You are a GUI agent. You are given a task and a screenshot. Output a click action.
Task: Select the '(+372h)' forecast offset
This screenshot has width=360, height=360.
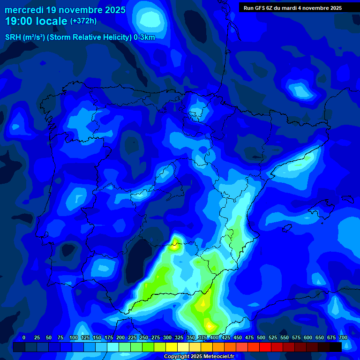click(83, 21)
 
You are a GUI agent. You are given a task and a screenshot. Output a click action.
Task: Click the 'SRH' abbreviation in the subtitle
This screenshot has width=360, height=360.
click(13, 37)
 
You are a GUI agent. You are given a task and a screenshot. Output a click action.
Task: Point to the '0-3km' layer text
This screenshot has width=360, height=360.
click(144, 37)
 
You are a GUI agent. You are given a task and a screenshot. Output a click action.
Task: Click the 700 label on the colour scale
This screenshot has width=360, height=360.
click(343, 338)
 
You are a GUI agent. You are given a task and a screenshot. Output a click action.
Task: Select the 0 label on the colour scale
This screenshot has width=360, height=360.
click(24, 338)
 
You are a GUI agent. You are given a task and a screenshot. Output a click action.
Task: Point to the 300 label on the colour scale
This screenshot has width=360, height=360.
click(167, 338)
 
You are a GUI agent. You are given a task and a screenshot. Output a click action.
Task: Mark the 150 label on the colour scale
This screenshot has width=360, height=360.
click(97, 338)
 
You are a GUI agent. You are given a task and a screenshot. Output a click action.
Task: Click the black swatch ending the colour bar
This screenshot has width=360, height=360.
click(336, 347)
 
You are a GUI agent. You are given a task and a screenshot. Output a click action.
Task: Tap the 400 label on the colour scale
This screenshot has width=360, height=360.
click(214, 338)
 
